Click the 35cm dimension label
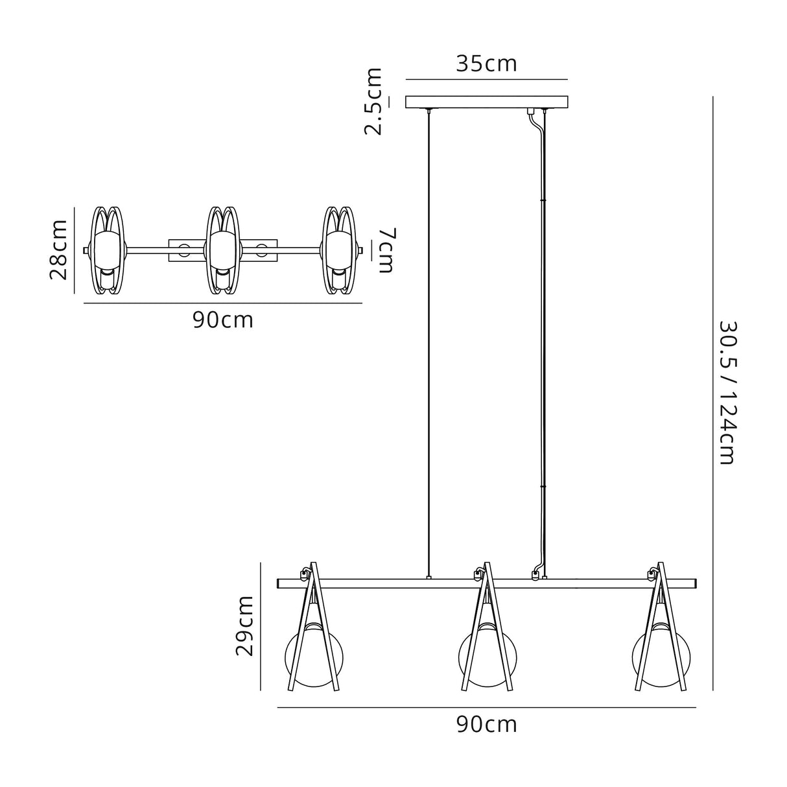pos(486,64)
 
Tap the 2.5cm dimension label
pos(373,101)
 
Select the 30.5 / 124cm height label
pos(727,392)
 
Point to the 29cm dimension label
pos(245,626)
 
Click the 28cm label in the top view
pos(59,249)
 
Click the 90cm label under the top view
pos(222,320)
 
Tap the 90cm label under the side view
pos(486,724)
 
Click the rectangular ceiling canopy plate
pos(486,102)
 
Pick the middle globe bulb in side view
pos(486,655)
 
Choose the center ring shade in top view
pos(223,250)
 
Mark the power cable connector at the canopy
pos(531,112)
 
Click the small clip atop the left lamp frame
pos(303,574)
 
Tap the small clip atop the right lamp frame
pos(651,574)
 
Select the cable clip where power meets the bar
pos(535,574)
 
